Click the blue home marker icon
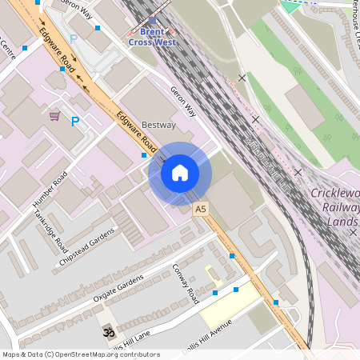pyautogui.click(x=180, y=173)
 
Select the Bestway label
pyautogui.click(x=158, y=126)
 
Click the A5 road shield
pyautogui.click(x=200, y=208)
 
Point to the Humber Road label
pyautogui.click(x=50, y=190)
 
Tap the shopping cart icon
pyautogui.click(x=54, y=116)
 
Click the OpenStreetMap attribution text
pyautogui.click(x=80, y=354)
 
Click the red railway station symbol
pyautogui.click(x=154, y=21)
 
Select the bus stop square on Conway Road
pyautogui.click(x=215, y=293)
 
